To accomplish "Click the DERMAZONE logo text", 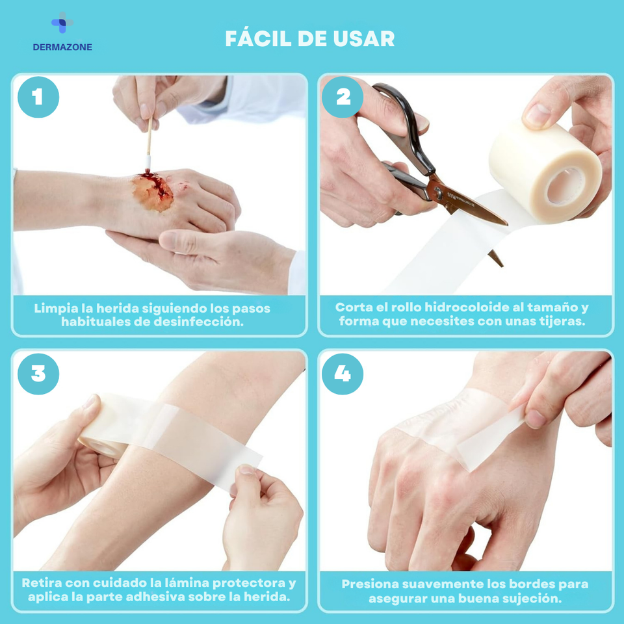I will tap(62, 47).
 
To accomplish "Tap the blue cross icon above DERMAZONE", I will tap(62, 23).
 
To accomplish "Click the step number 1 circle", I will tap(38, 97).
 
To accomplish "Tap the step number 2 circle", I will tap(343, 97).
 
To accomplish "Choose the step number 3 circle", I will tap(38, 374).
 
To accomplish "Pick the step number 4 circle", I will tap(343, 374).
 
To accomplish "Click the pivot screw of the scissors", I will tap(437, 193).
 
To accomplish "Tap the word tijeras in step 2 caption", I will tap(564, 322).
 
